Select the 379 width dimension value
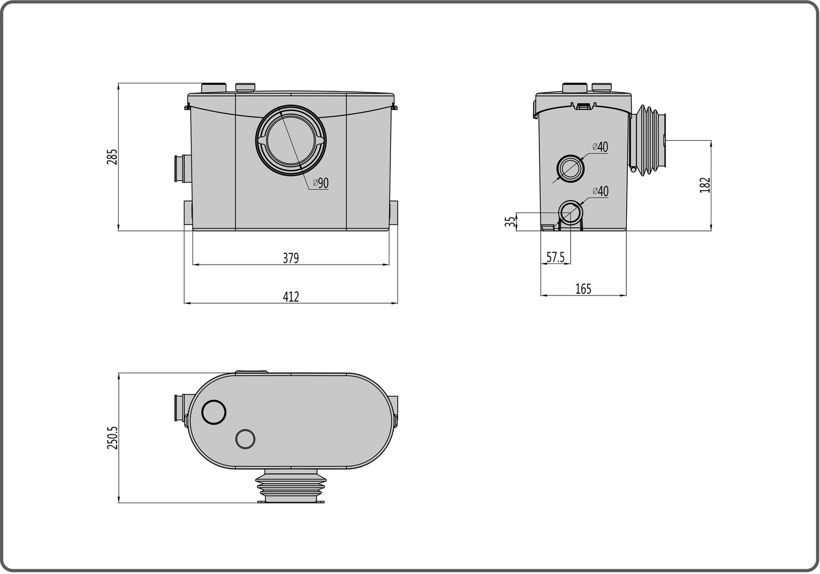pyautogui.click(x=291, y=258)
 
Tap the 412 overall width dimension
pyautogui.click(x=291, y=297)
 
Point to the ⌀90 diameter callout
pyautogui.click(x=320, y=183)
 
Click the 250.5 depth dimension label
pyautogui.click(x=112, y=438)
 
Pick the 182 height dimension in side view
pyautogui.click(x=705, y=185)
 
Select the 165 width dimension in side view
pyautogui.click(x=583, y=289)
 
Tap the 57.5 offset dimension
pyautogui.click(x=556, y=257)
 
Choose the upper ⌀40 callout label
pyautogui.click(x=600, y=147)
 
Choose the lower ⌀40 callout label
pyautogui.click(x=600, y=192)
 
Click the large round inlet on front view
pyautogui.click(x=290, y=140)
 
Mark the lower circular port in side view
pyautogui.click(x=571, y=213)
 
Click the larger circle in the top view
pyautogui.click(x=213, y=412)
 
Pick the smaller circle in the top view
pyautogui.click(x=245, y=438)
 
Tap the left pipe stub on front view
pyautogui.click(x=181, y=168)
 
